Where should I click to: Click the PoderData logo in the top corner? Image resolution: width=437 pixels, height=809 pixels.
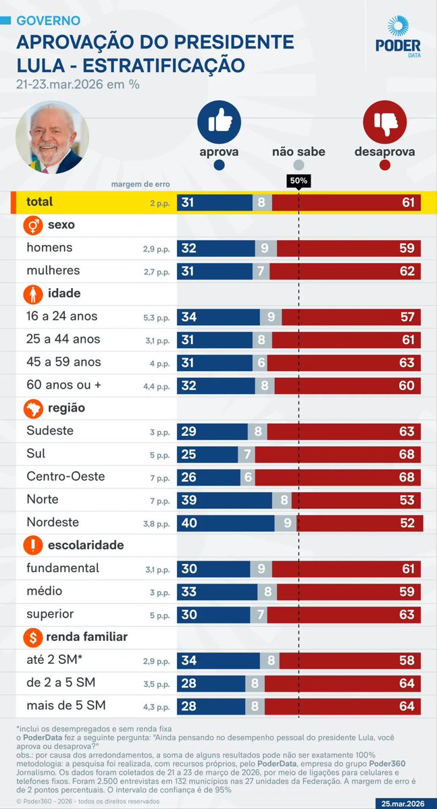click(398, 37)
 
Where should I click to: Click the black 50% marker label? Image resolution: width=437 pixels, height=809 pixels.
click(299, 181)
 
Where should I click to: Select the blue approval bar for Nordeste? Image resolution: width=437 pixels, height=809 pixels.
click(226, 523)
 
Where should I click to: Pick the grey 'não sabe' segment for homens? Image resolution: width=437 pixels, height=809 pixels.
click(266, 248)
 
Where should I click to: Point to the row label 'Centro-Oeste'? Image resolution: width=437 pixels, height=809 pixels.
click(66, 476)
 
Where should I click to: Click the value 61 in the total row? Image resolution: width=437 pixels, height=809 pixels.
click(407, 202)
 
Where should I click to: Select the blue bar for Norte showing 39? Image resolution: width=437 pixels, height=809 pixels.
click(224, 500)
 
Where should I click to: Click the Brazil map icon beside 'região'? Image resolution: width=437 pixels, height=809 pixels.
click(34, 408)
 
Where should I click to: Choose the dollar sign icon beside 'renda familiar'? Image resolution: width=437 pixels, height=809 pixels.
click(34, 637)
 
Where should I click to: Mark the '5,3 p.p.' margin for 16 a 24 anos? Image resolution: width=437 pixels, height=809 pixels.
click(157, 317)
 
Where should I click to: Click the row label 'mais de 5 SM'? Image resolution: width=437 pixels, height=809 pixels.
click(66, 706)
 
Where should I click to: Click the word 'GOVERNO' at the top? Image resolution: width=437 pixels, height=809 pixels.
click(48, 21)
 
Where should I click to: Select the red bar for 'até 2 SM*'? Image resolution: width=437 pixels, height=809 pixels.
click(350, 661)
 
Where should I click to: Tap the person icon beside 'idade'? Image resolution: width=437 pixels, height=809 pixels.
click(34, 294)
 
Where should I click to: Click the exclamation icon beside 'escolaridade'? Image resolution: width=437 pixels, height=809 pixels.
click(34, 545)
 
